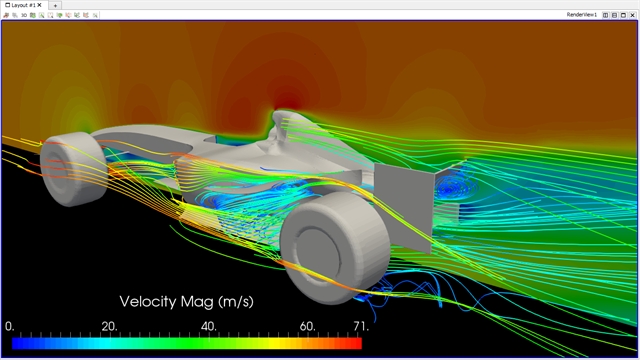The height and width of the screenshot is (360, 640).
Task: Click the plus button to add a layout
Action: pyautogui.click(x=56, y=5)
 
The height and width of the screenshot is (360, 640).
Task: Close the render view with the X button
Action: pyautogui.click(x=634, y=15)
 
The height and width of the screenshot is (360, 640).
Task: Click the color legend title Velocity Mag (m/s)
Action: pyautogui.click(x=186, y=302)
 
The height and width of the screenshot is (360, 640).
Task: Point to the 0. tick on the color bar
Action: pyautogui.click(x=10, y=327)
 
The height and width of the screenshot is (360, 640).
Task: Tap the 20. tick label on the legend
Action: pyautogui.click(x=110, y=327)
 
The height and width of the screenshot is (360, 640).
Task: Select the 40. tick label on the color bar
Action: pyautogui.click(x=209, y=327)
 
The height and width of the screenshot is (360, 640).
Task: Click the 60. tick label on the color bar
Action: pyautogui.click(x=308, y=327)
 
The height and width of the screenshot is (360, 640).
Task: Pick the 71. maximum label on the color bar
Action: pyautogui.click(x=361, y=327)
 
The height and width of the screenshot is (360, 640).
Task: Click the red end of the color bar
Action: pyautogui.click(x=355, y=343)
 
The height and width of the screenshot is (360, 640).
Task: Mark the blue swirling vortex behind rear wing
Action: pyautogui.click(x=455, y=185)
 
